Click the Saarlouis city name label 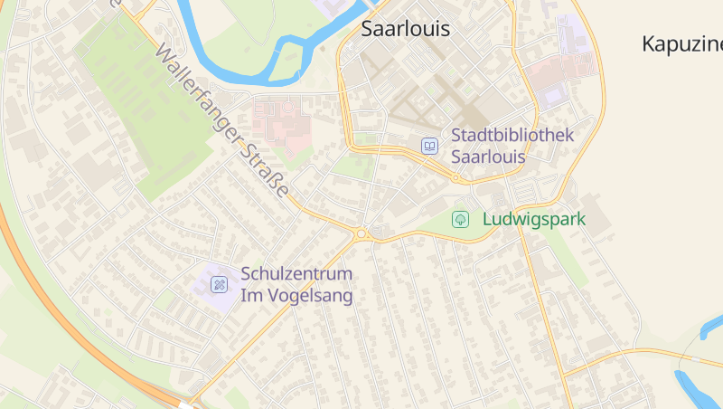tap(405, 29)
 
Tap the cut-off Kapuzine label tap(681, 43)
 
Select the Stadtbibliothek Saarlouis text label tap(512, 145)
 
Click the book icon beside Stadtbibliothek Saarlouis tap(430, 146)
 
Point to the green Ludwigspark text tap(534, 219)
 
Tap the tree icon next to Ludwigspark tap(460, 219)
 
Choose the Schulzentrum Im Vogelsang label tap(296, 284)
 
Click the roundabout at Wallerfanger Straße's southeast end tap(361, 234)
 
